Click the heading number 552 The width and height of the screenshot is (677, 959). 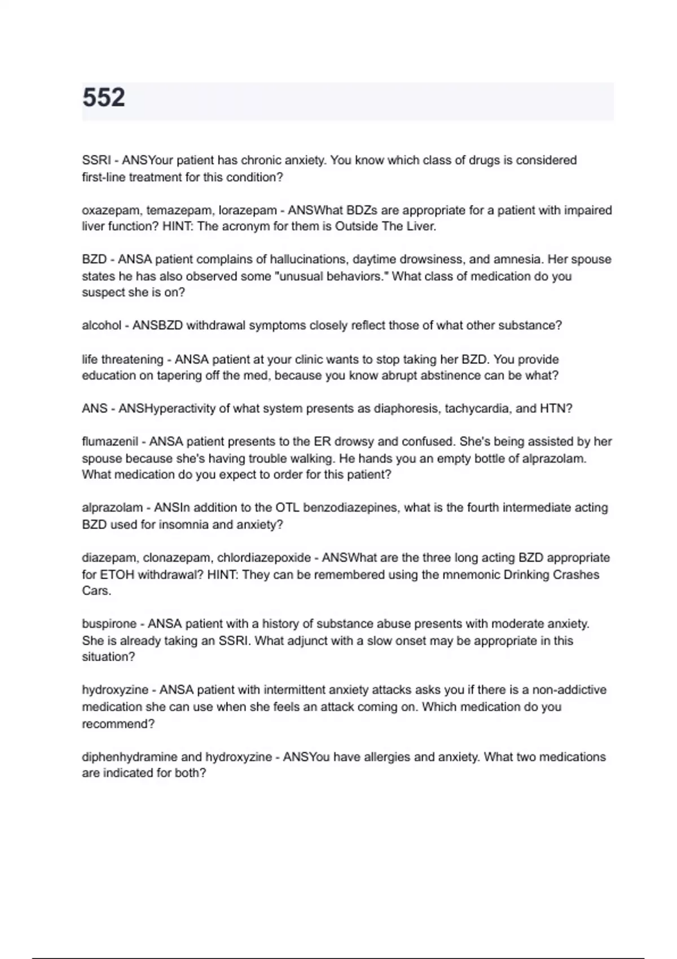[104, 98]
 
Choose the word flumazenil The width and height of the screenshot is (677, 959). [109, 442]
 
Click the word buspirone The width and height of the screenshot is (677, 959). [109, 624]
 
